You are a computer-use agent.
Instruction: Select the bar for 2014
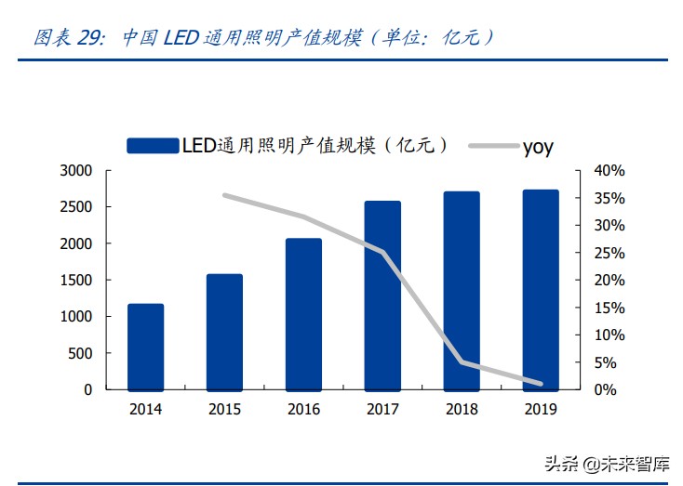coord(145,347)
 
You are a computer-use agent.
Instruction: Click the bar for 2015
coord(224,332)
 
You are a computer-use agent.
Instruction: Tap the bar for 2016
coord(303,314)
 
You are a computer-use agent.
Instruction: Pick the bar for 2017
coord(382,296)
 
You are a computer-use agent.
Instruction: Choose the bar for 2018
coord(462,291)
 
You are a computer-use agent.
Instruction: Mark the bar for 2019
coord(541,290)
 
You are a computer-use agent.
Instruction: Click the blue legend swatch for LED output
coord(153,146)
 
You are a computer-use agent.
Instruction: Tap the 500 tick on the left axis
coord(81,353)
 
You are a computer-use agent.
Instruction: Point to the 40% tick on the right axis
coord(609,171)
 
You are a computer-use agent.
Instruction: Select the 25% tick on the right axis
coord(609,253)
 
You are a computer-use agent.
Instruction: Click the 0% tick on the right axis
coord(606,390)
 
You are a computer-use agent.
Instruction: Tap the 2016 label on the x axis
coord(303,410)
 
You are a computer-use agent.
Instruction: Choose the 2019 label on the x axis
coord(541,410)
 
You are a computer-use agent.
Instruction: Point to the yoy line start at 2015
coord(224,195)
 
